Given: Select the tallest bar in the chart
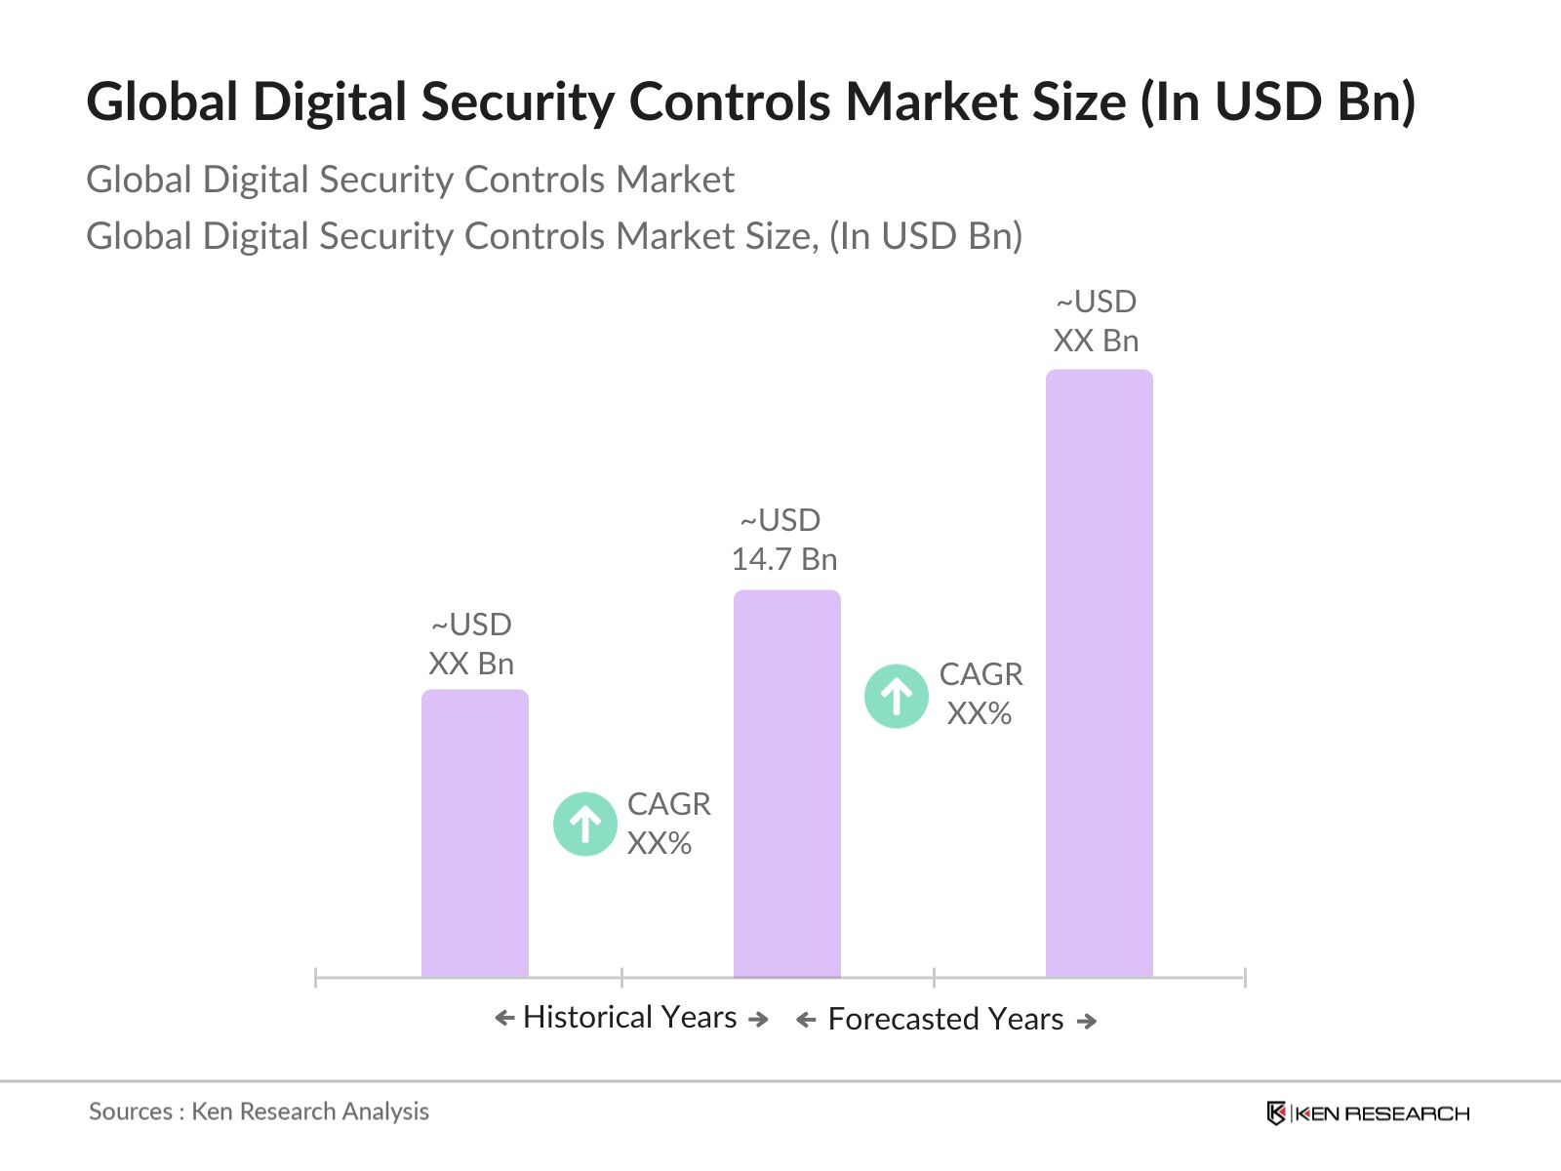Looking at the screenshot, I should [1099, 673].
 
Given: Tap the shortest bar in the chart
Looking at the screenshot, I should [474, 833].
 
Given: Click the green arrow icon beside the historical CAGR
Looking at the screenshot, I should [584, 824].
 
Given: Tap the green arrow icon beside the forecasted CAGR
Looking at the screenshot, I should [896, 696].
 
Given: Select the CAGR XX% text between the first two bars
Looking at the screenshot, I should [668, 824].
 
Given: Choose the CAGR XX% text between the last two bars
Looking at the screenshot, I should [981, 694].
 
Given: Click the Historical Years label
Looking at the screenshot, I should [630, 1018].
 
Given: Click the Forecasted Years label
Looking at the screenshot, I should [945, 1020].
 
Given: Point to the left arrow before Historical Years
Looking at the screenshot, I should [504, 1019].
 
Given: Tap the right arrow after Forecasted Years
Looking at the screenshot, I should [1087, 1022].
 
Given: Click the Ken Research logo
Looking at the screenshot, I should [1367, 1113].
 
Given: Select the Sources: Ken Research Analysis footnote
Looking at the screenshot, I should [259, 1111].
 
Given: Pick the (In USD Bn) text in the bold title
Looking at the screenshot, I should [1278, 101].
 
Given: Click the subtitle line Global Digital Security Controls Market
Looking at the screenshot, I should [410, 180].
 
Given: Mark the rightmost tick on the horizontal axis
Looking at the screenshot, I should [1245, 977].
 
